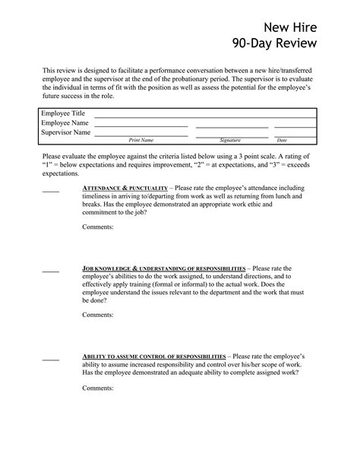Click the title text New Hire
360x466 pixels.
[292, 29]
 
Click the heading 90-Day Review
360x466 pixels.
[276, 48]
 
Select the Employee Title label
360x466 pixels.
[63, 113]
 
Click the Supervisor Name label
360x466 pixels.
[66, 132]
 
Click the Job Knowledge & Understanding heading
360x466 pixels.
[163, 268]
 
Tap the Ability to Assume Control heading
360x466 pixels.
[153, 356]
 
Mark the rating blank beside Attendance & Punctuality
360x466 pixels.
[50, 189]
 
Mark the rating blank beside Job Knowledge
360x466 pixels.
[50, 271]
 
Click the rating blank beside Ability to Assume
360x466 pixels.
[50, 358]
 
